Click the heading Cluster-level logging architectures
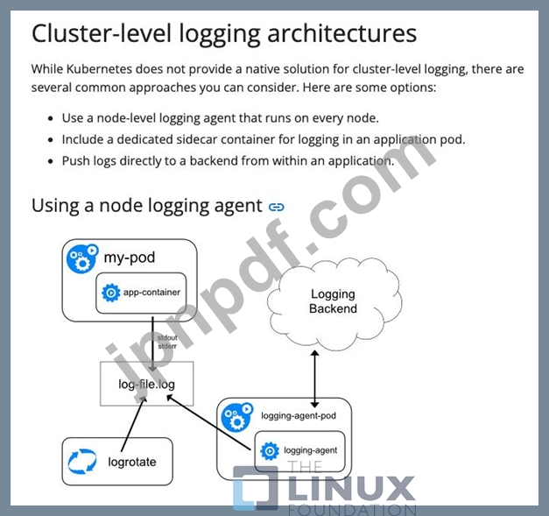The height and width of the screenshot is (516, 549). pos(224,33)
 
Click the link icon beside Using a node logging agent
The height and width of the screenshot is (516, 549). pos(277,207)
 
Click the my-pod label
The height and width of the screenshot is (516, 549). pos(129,258)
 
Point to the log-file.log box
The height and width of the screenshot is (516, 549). pos(147,385)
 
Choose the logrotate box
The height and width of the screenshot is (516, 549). pos(117,462)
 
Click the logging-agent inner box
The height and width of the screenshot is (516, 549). pos(299,451)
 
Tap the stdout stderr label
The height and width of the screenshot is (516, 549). pos(166,342)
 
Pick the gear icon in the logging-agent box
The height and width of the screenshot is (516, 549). pos(270,451)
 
